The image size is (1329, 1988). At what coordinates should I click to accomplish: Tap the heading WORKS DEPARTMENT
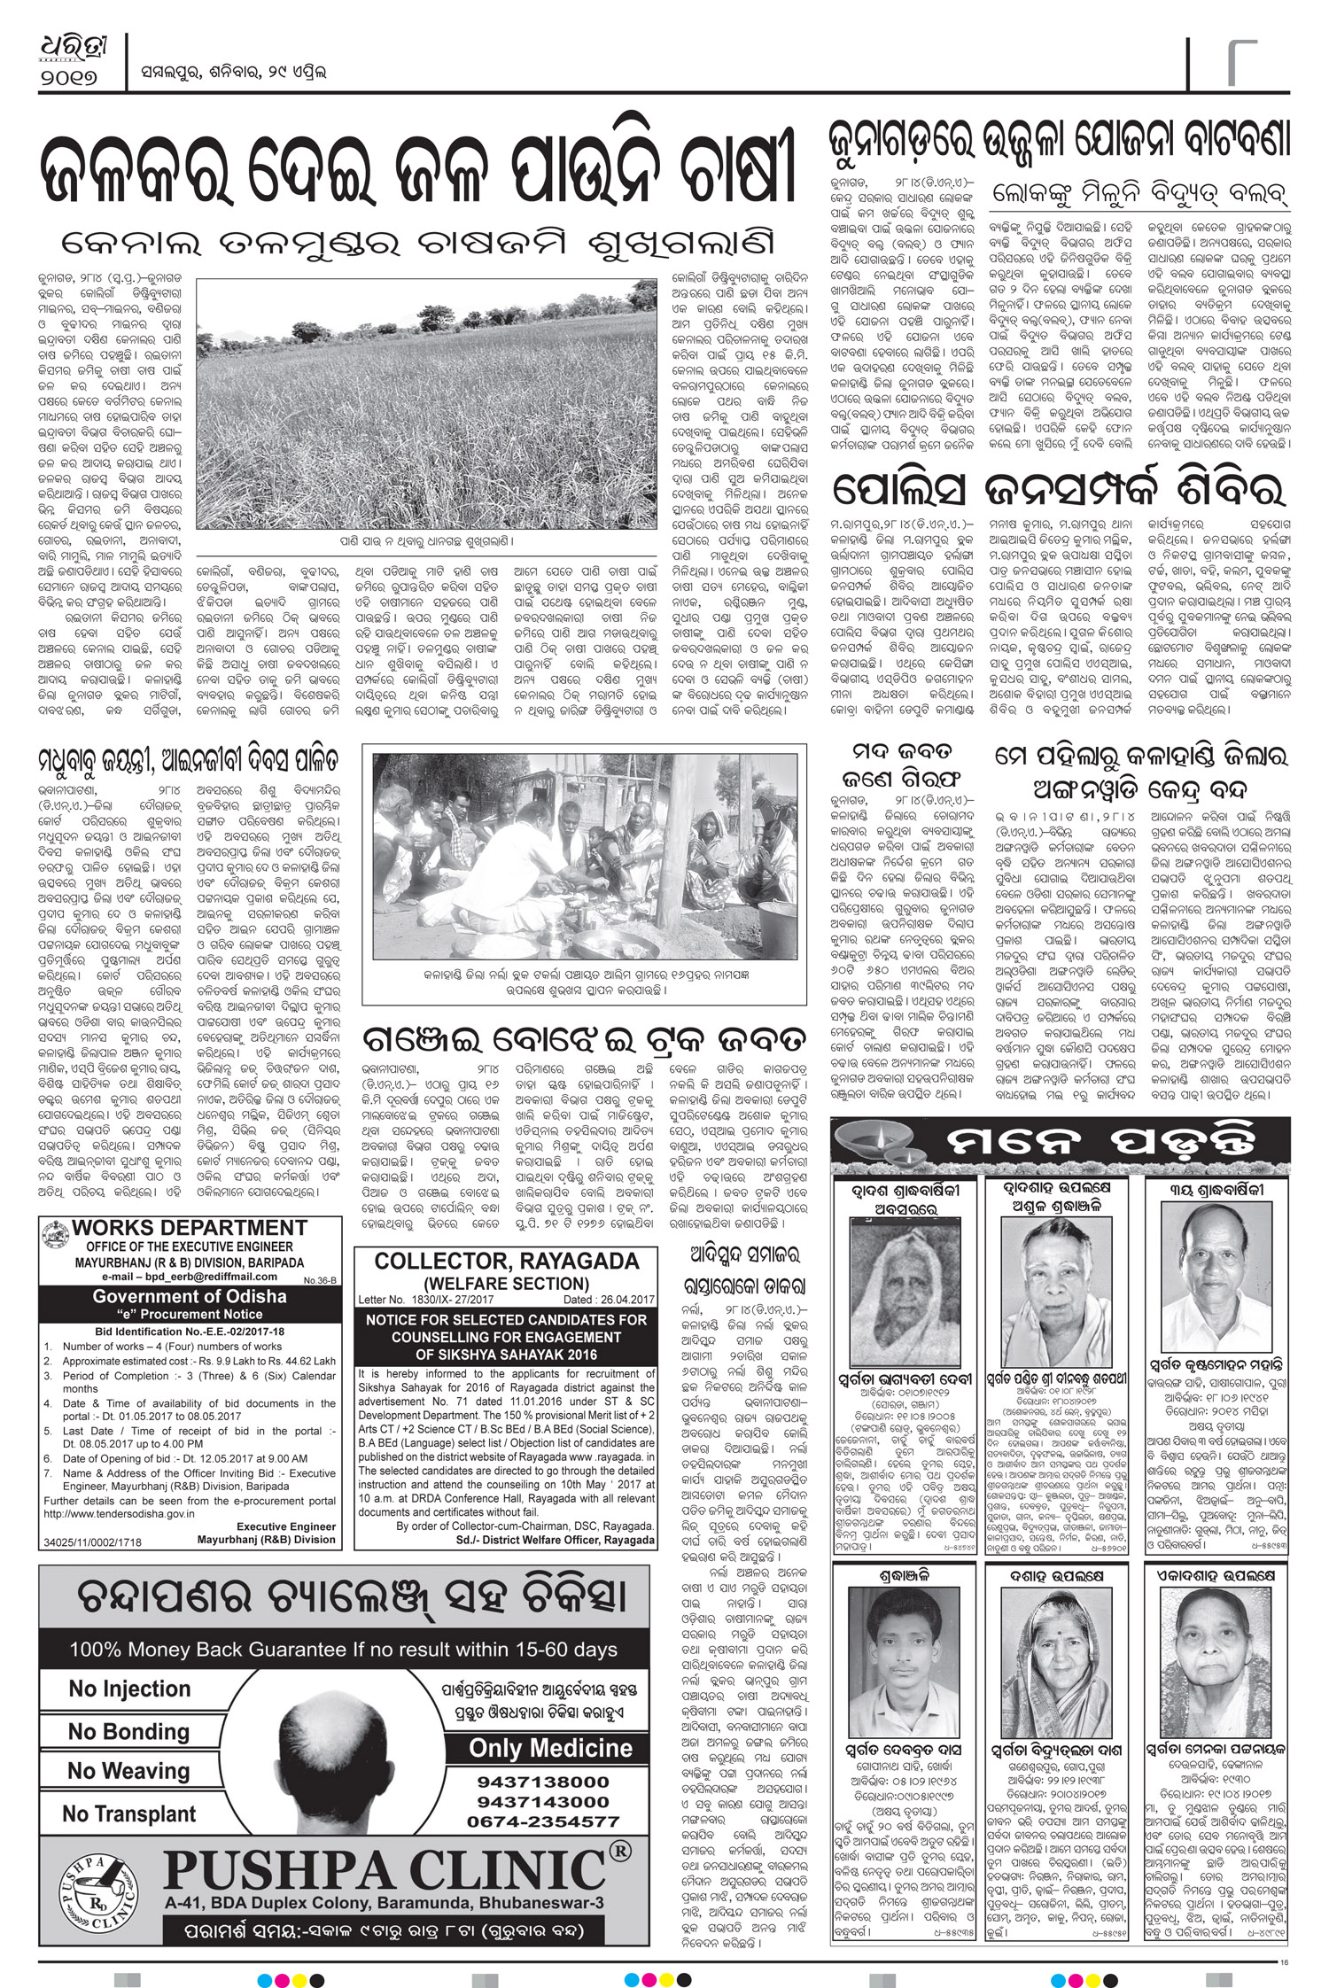point(189,1228)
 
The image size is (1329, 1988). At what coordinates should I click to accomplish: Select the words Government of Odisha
point(190,1296)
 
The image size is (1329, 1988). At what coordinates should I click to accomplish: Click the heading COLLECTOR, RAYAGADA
point(506,1260)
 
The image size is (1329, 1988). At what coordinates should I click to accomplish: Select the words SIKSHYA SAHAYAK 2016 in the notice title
point(506,1354)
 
